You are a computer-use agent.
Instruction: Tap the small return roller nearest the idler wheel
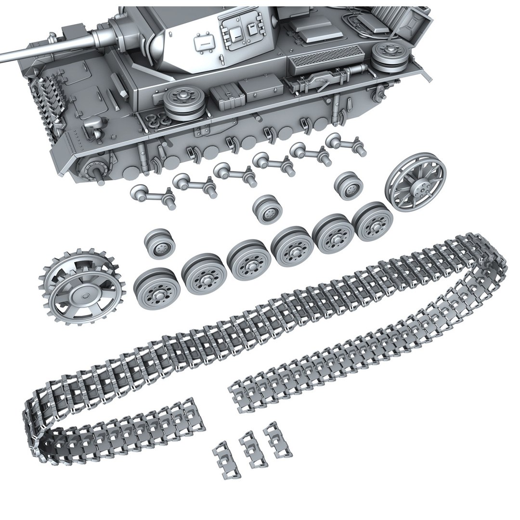348,185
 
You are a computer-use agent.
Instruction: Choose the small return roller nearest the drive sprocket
159,244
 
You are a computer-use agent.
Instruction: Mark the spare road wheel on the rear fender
388,55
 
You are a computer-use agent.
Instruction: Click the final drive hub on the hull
93,168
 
